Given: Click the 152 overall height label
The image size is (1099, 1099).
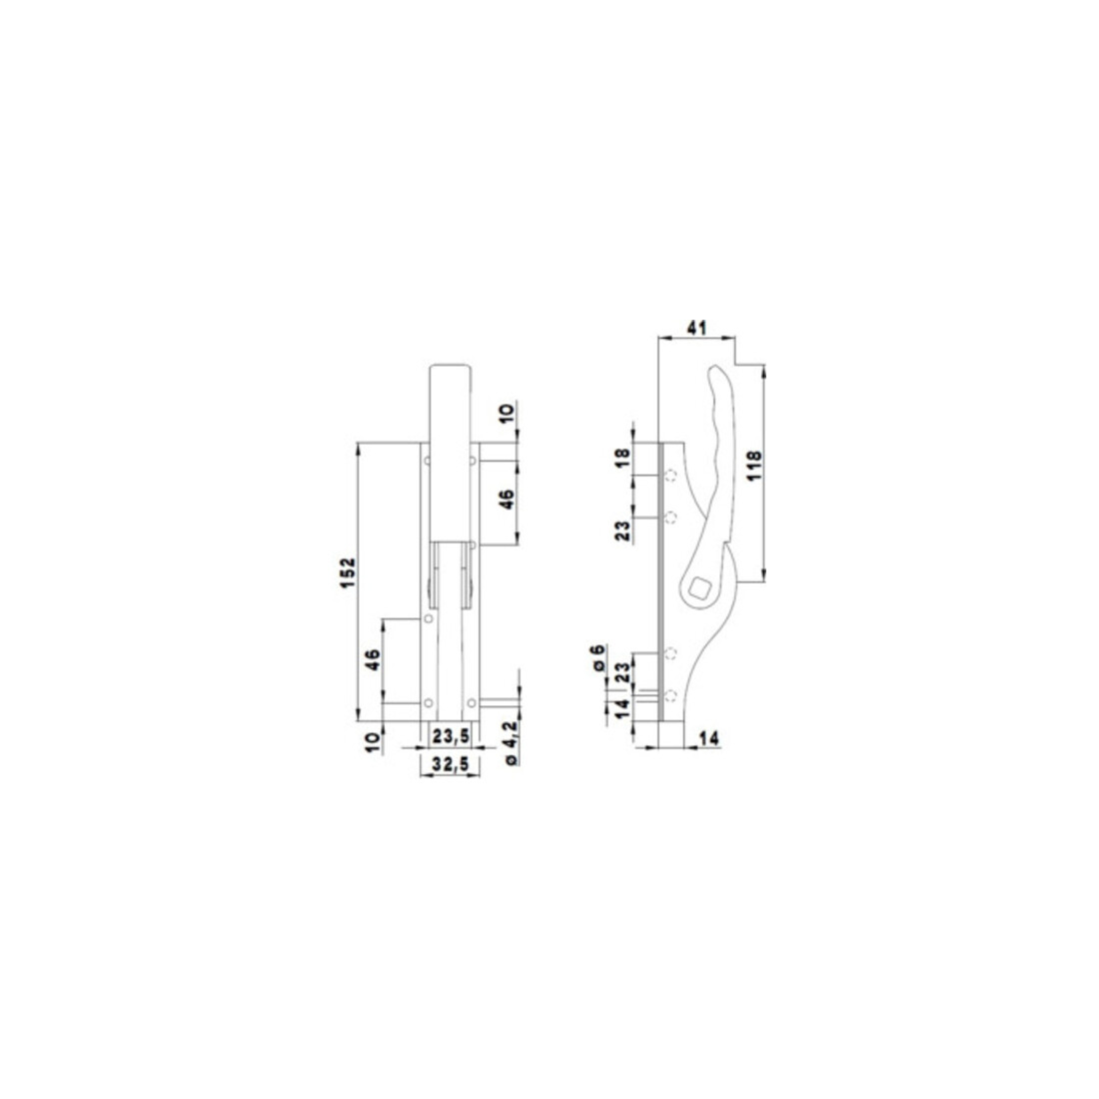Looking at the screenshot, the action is point(349,572).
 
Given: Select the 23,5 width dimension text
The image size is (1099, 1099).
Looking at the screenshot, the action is point(452,736).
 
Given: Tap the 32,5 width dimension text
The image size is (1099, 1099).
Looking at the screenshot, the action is point(450,764).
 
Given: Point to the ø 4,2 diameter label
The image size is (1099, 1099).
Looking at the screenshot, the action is point(511,741).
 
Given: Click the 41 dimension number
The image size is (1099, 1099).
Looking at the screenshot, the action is point(696,328).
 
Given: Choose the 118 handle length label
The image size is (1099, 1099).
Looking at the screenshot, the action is point(754,466).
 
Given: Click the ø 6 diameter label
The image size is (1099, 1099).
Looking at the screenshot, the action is point(597,658).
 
